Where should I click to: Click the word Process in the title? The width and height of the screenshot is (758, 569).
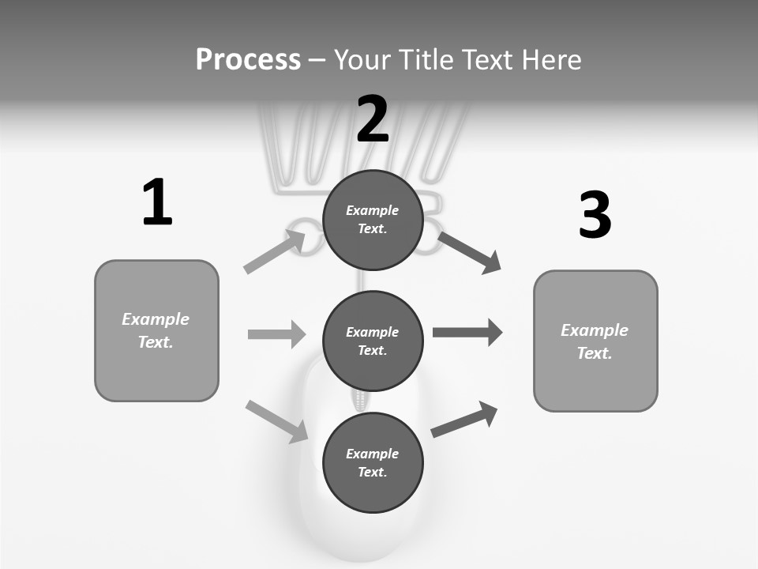pyautogui.click(x=248, y=60)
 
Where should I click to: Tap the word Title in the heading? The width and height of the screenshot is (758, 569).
pyautogui.click(x=425, y=60)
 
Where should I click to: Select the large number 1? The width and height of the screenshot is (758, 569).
pyautogui.click(x=157, y=202)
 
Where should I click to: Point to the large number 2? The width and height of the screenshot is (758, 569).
pyautogui.click(x=373, y=119)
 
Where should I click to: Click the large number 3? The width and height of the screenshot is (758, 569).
pyautogui.click(x=595, y=215)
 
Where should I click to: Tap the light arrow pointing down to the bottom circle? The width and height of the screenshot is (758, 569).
pyautogui.click(x=277, y=421)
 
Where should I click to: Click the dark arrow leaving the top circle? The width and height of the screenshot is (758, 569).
pyautogui.click(x=469, y=253)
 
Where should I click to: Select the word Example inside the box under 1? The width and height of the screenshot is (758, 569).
pyautogui.click(x=156, y=319)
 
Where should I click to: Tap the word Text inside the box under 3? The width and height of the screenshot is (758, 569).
pyautogui.click(x=595, y=353)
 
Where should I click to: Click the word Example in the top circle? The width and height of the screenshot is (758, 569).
pyautogui.click(x=373, y=210)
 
